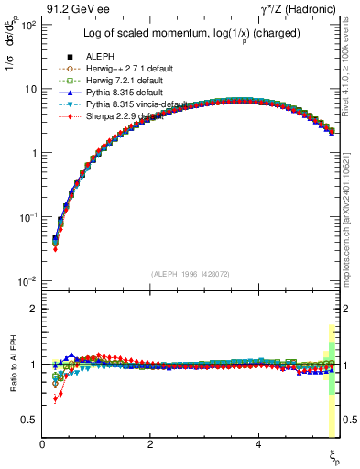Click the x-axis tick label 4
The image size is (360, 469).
258,445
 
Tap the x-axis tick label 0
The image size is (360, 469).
43,445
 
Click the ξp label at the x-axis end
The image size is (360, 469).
334,455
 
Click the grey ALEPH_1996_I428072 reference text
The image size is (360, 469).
191,274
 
